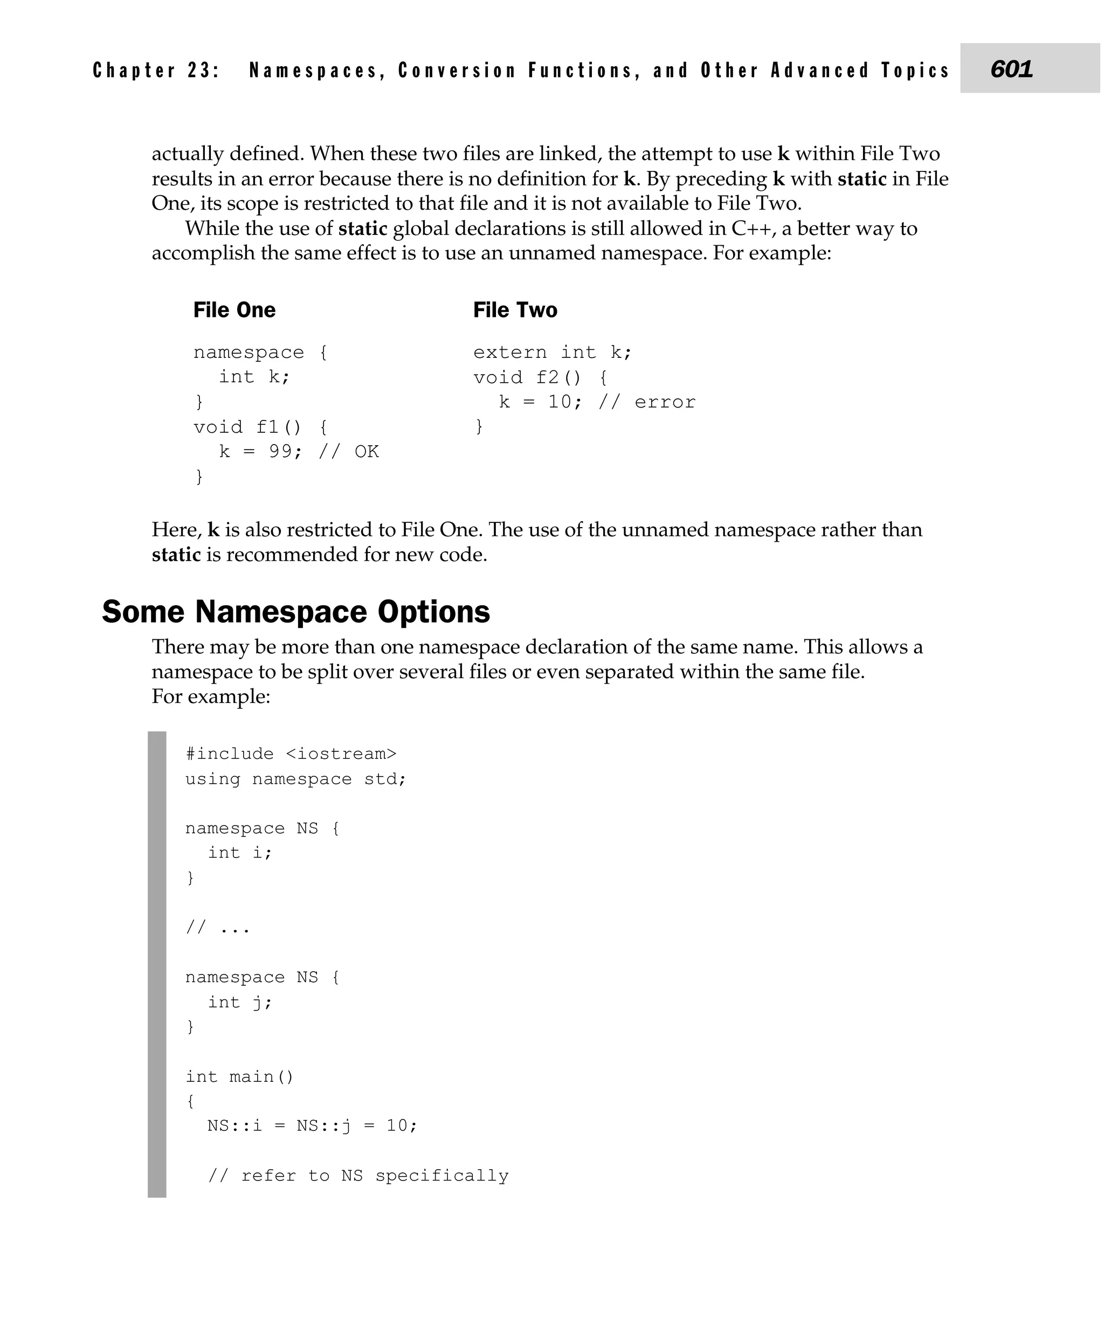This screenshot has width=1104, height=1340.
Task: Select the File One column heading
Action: pyautogui.click(x=234, y=310)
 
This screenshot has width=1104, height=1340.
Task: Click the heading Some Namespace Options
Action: pyautogui.click(x=296, y=612)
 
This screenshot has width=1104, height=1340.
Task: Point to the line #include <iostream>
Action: pyautogui.click(x=291, y=754)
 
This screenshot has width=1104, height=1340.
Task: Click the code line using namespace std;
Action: pyautogui.click(x=295, y=779)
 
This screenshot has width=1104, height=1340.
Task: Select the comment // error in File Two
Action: pyautogui.click(x=647, y=402)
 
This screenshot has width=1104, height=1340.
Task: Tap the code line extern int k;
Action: pyautogui.click(x=552, y=353)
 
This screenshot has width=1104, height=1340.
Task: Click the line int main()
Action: pyautogui.click(x=239, y=1077)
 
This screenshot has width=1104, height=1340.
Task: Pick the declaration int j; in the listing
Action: pyautogui.click(x=240, y=1002)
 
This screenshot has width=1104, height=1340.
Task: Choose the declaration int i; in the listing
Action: pyautogui.click(x=240, y=853)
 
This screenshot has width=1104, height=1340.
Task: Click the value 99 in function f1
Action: pyautogui.click(x=280, y=452)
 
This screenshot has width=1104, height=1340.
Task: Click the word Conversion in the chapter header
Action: pyautogui.click(x=457, y=70)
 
